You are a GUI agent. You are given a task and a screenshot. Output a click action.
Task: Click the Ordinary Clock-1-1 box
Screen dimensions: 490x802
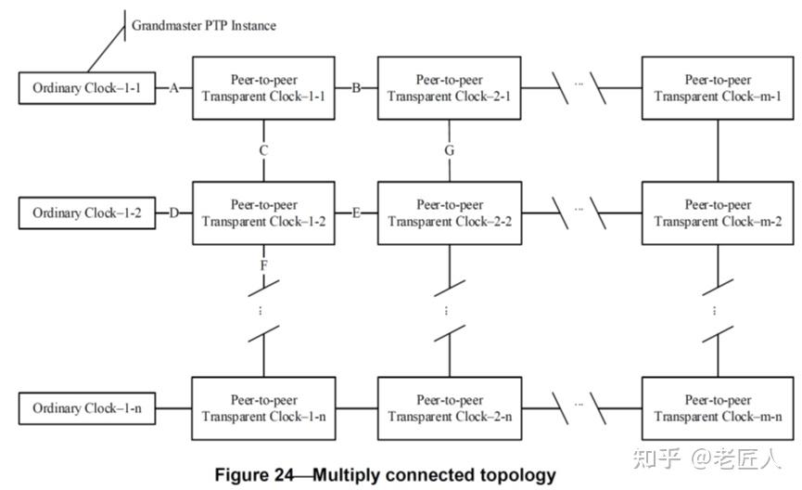pos(86,88)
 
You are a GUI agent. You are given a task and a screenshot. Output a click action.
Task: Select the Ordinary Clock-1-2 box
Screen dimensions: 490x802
pos(86,213)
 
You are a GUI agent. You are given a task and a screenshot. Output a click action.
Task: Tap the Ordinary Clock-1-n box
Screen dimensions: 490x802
pos(86,408)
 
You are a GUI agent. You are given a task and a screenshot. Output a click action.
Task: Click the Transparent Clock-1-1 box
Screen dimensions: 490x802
pos(263,88)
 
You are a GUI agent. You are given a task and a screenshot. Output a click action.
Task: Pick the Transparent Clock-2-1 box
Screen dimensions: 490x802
pos(450,88)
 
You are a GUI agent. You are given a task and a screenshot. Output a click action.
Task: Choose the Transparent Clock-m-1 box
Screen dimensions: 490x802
pos(719,88)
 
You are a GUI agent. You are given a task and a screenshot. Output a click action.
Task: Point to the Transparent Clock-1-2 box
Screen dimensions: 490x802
pos(263,213)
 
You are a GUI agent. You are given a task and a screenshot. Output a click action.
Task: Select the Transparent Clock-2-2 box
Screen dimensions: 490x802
pos(450,213)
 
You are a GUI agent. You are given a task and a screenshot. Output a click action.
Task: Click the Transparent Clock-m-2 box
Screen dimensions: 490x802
pos(719,213)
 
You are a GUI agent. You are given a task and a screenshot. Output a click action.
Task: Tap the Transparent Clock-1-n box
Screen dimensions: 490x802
pos(263,408)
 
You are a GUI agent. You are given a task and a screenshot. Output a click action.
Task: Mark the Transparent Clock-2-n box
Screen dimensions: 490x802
pos(450,408)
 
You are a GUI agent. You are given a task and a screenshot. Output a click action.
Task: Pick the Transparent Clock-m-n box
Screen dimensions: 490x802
pos(719,408)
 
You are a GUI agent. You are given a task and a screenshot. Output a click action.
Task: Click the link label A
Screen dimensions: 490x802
pos(173,88)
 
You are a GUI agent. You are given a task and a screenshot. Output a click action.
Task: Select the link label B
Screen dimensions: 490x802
pos(357,88)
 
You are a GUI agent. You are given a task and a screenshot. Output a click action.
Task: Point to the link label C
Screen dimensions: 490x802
pos(264,149)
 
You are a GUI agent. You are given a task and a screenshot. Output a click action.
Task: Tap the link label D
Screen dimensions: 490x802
pos(173,213)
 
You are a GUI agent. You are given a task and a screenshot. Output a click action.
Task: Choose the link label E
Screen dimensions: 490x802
pos(357,213)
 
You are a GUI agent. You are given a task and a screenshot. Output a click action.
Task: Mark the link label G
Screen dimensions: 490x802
pos(450,149)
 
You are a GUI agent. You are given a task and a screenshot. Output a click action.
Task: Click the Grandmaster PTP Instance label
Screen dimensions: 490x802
pos(203,25)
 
